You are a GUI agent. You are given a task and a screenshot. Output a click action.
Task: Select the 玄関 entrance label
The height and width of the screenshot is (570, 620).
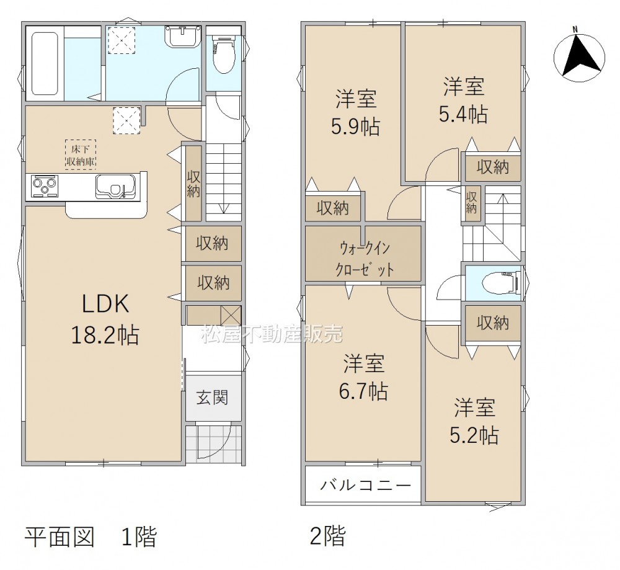click(213, 398)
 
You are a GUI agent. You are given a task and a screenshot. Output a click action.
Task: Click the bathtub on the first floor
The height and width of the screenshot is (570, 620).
click(45, 63)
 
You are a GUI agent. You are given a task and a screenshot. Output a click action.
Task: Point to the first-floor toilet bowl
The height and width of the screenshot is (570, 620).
click(224, 55)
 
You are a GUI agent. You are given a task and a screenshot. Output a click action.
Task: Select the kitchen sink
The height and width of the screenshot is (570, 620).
click(115, 187)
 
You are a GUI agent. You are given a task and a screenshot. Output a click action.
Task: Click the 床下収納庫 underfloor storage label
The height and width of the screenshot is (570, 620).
click(80, 154)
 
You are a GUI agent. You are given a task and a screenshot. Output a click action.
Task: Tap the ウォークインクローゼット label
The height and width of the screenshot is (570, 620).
click(365, 259)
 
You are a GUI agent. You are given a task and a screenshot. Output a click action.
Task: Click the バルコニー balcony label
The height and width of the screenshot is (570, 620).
click(365, 484)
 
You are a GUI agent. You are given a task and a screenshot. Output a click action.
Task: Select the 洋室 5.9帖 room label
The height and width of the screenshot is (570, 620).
click(355, 112)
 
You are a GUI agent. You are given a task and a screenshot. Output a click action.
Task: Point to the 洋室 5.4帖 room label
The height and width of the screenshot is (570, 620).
click(463, 100)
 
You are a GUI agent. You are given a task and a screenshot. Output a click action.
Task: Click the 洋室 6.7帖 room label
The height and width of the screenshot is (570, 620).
click(363, 376)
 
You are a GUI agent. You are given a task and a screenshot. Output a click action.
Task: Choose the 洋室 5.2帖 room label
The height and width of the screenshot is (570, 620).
click(474, 421)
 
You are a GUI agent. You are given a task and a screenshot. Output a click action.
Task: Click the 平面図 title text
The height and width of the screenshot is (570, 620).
click(60, 537)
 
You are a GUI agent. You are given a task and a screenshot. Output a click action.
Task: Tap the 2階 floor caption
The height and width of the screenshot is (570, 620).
click(327, 536)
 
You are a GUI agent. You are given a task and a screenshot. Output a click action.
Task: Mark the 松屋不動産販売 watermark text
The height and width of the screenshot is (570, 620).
click(272, 334)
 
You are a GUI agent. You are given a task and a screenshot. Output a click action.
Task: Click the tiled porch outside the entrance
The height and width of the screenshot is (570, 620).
click(213, 443)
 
